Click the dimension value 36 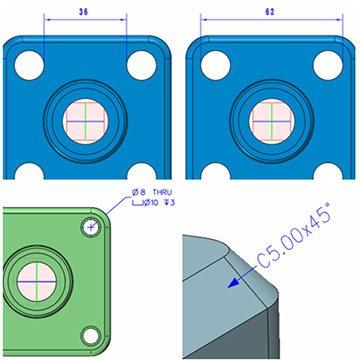click(84, 12)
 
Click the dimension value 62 click(270, 12)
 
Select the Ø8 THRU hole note click(152, 192)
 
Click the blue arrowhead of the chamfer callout click(234, 283)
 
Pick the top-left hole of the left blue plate click(29, 65)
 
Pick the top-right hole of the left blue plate click(142, 65)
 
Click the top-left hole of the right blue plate click(215, 65)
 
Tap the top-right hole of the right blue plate click(328, 65)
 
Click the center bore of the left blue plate click(85, 121)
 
